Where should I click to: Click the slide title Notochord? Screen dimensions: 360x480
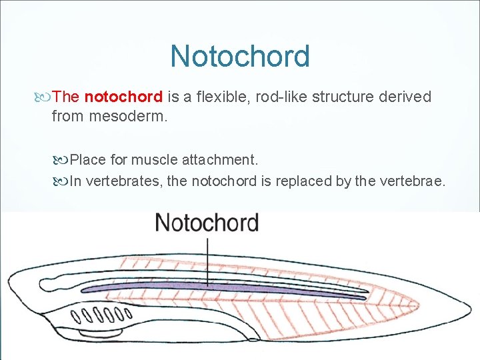point(240,56)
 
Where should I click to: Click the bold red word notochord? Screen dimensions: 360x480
point(123,97)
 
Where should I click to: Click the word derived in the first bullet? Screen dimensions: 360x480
point(405,97)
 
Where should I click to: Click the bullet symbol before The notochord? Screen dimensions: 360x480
point(45,97)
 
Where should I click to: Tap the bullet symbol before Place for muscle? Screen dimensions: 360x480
point(63,161)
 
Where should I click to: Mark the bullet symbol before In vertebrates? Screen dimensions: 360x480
point(63,182)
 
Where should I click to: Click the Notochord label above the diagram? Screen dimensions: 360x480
point(207,223)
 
